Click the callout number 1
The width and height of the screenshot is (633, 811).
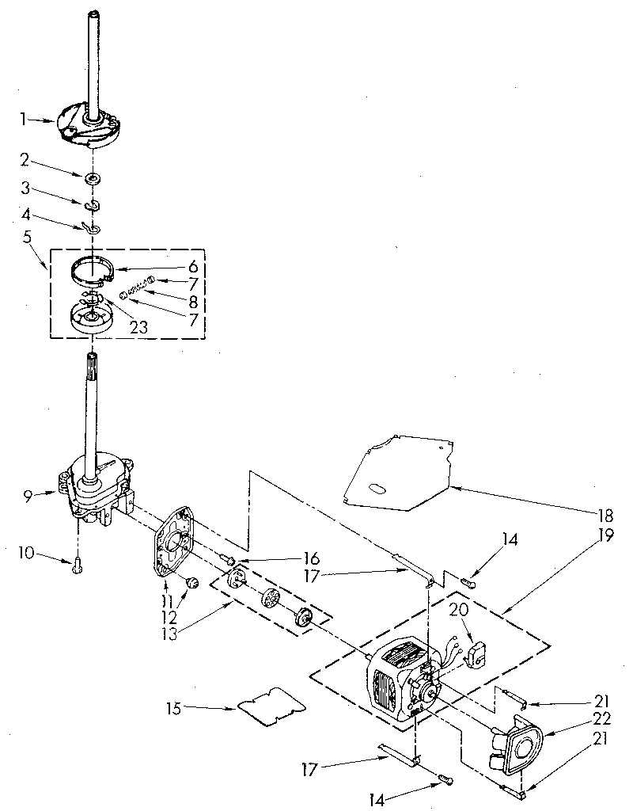point(24,120)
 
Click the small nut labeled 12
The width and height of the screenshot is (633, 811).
point(191,584)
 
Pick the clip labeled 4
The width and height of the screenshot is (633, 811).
point(92,228)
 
